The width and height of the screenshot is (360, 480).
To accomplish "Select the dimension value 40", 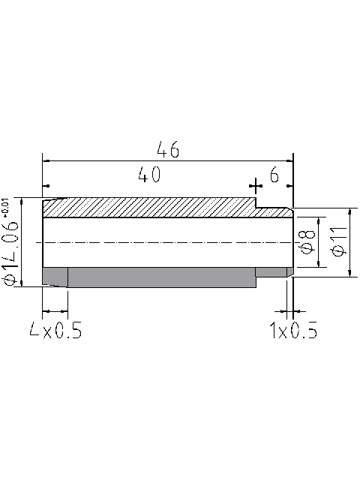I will click(x=149, y=175).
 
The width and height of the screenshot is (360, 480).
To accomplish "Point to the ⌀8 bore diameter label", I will click(x=306, y=241).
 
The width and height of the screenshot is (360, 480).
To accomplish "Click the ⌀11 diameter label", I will click(x=337, y=241).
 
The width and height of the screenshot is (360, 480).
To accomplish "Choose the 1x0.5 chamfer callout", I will click(x=292, y=330).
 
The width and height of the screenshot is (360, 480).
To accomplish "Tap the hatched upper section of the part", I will click(x=150, y=208).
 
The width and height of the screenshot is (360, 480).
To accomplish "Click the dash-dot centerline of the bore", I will click(x=165, y=241).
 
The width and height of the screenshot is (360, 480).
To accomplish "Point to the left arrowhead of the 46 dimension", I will click(x=46, y=160).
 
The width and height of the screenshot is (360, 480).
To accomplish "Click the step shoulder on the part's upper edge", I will click(x=256, y=203).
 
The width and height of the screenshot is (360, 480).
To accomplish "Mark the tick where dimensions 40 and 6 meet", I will click(x=256, y=184).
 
